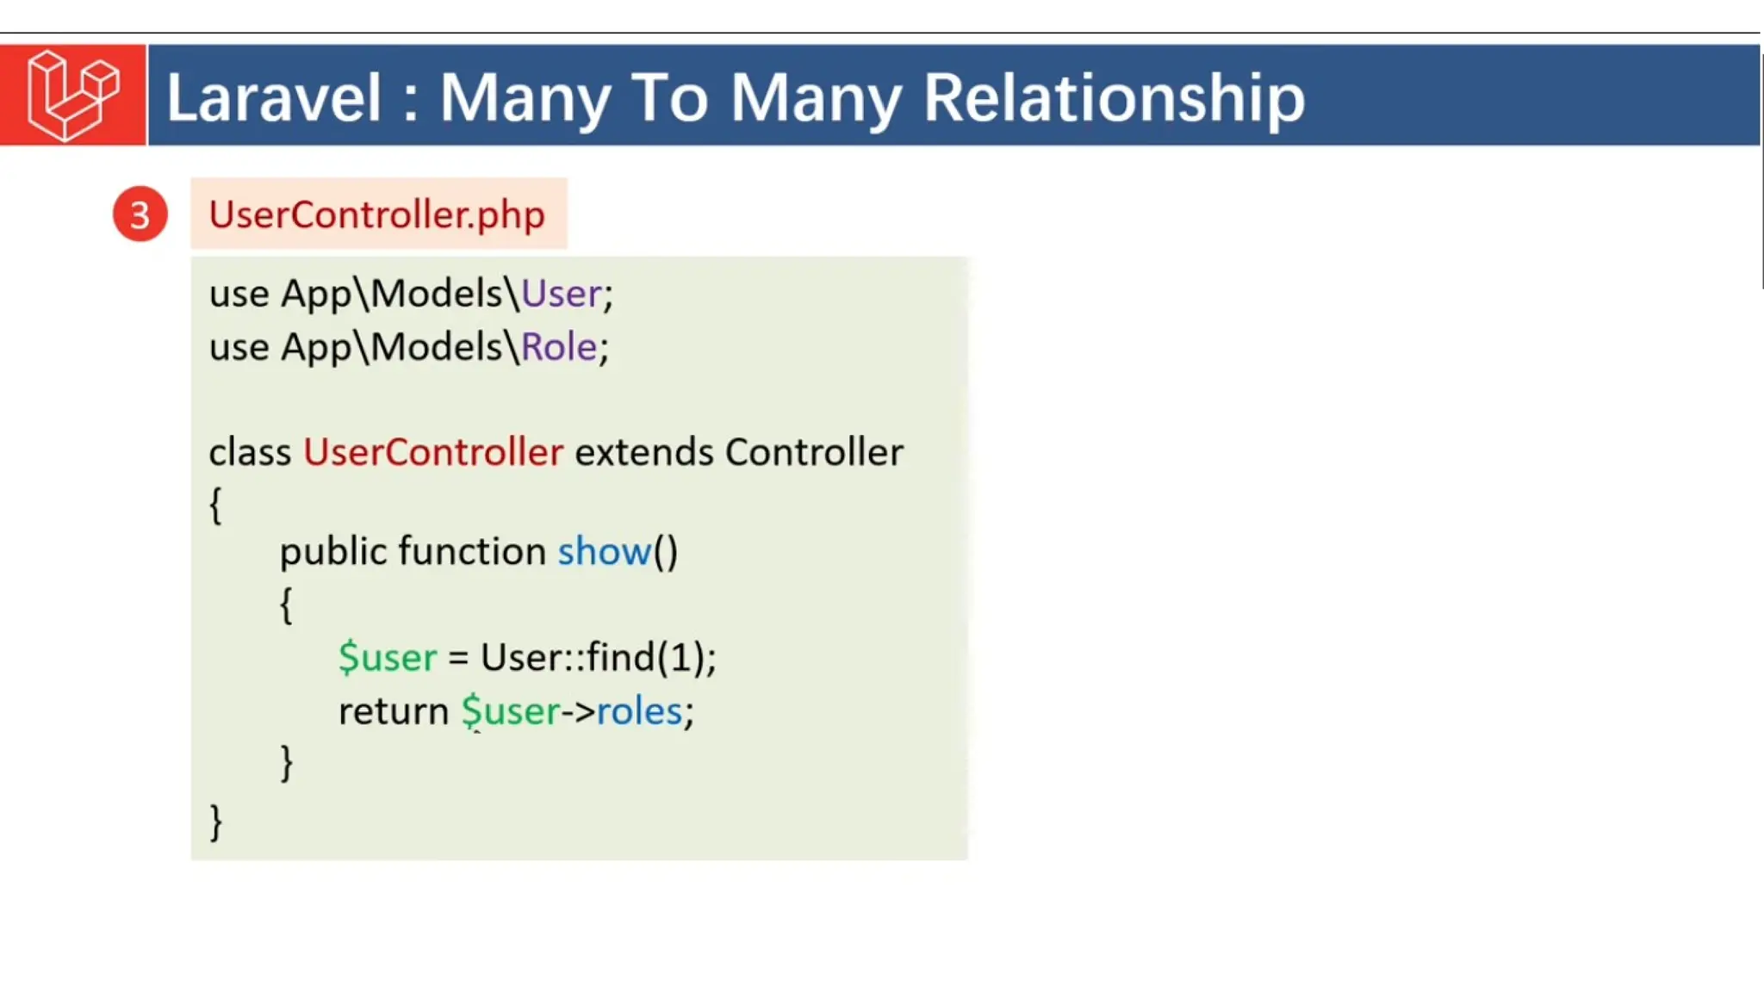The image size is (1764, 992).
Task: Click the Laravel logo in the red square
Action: coord(73,95)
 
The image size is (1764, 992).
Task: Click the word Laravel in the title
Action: coord(273,97)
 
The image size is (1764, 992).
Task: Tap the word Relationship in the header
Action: coord(1114,97)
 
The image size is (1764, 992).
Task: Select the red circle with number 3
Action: coord(140,214)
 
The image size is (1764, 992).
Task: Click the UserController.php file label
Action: coord(377,214)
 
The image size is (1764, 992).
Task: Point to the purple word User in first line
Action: coord(561,294)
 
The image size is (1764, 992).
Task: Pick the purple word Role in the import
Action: coord(559,347)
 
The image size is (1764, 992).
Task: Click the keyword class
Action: coord(250,452)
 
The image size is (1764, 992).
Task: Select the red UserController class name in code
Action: coord(433,452)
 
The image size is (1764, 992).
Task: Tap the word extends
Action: coord(643,452)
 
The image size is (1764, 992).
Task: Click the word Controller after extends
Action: coord(814,452)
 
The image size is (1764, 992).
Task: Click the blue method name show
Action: coord(604,551)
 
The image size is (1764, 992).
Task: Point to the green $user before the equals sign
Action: coord(388,657)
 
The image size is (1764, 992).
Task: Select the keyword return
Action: coord(393,711)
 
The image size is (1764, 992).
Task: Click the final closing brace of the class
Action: coord(216,821)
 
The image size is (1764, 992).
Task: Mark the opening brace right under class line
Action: coord(216,505)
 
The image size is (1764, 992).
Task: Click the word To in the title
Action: coord(674,97)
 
